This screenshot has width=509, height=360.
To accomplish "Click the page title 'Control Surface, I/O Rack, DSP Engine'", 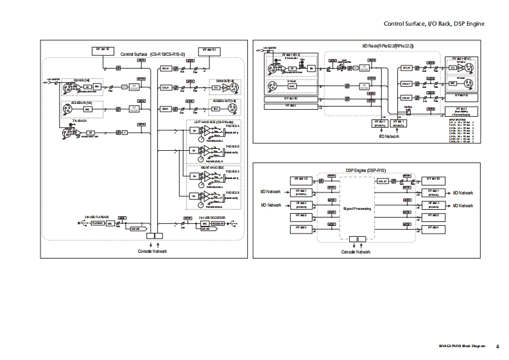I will [433, 24].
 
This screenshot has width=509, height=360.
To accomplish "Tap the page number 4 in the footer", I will [497, 347].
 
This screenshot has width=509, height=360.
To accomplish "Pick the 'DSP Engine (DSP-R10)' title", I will [366, 170].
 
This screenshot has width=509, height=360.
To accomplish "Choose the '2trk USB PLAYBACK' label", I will [97, 218].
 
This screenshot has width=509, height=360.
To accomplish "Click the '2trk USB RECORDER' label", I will [211, 218].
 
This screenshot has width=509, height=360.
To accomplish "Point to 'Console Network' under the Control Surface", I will [153, 251].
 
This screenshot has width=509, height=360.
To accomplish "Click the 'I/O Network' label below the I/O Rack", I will [390, 137].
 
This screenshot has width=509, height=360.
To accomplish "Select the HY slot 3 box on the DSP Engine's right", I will [433, 216].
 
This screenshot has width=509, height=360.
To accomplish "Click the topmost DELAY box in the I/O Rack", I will [406, 68].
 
